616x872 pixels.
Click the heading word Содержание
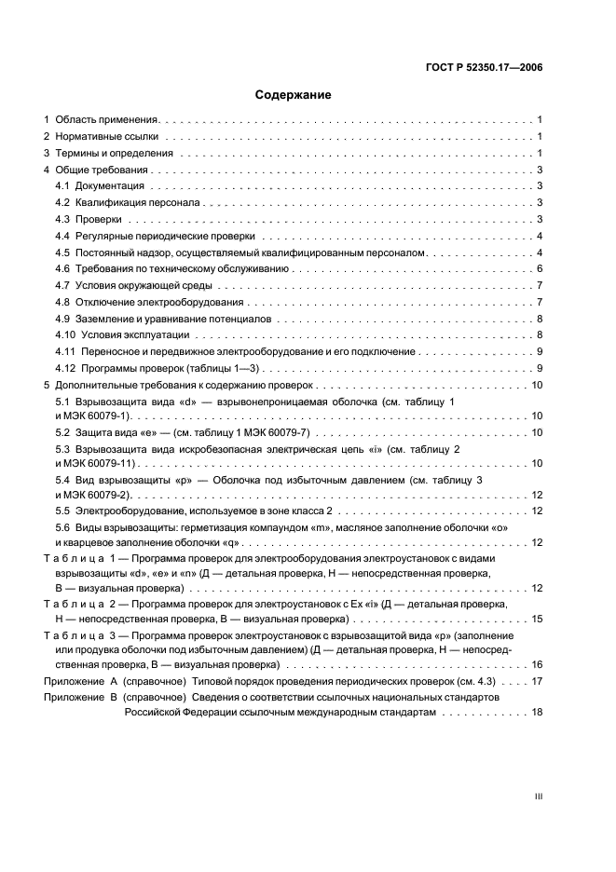(x=293, y=95)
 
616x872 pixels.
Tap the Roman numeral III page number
(x=538, y=797)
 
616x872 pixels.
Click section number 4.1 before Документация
(x=63, y=186)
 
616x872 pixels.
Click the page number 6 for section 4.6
(x=540, y=268)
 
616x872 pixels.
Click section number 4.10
(x=65, y=334)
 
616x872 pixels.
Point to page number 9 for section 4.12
(x=540, y=368)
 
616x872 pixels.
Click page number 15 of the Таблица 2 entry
(x=536, y=618)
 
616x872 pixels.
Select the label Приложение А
(x=79, y=681)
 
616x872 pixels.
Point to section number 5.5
(x=63, y=511)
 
